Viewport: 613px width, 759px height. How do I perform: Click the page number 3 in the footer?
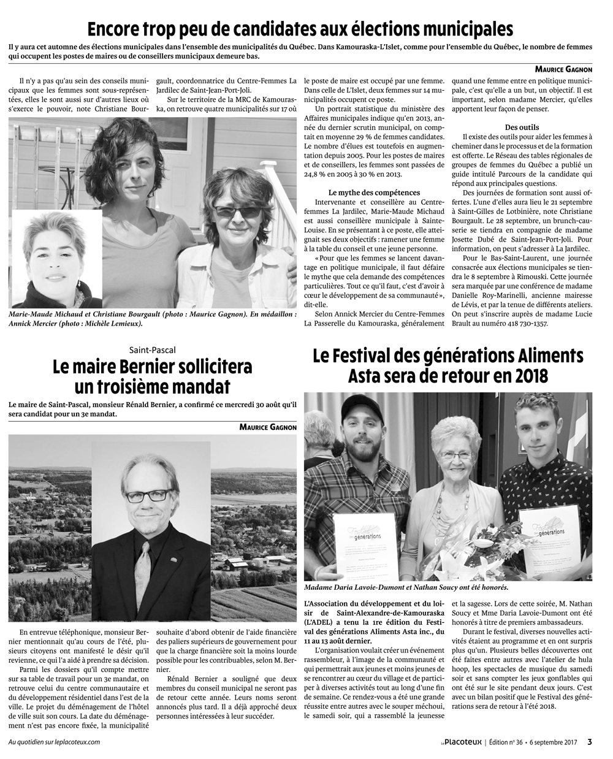point(589,741)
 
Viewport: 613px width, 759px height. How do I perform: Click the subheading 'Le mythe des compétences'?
point(374,193)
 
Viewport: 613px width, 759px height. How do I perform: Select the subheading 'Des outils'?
point(522,127)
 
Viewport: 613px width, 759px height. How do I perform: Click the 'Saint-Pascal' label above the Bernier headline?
point(152,350)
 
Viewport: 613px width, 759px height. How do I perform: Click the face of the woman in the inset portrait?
point(53,248)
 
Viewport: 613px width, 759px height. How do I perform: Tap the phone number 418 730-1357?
point(524,324)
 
